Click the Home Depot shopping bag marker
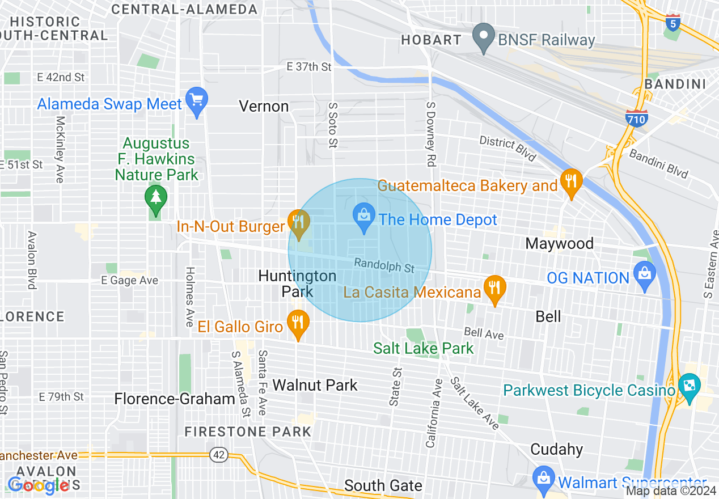coord(363,216)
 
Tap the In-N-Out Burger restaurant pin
coord(298,222)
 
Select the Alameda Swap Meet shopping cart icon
coord(197,101)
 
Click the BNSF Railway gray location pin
coord(483,37)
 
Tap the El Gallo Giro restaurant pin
coord(298,323)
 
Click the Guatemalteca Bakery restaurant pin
coord(571,181)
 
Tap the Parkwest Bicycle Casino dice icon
coord(690,387)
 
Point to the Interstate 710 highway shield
coord(637,118)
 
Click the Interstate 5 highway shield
coord(673,23)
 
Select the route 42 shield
coord(218,454)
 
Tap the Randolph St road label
coord(384,264)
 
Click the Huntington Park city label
coord(297,284)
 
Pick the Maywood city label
coord(559,244)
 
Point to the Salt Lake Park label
coord(423,348)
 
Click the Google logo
coord(39,485)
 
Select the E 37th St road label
coord(308,67)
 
